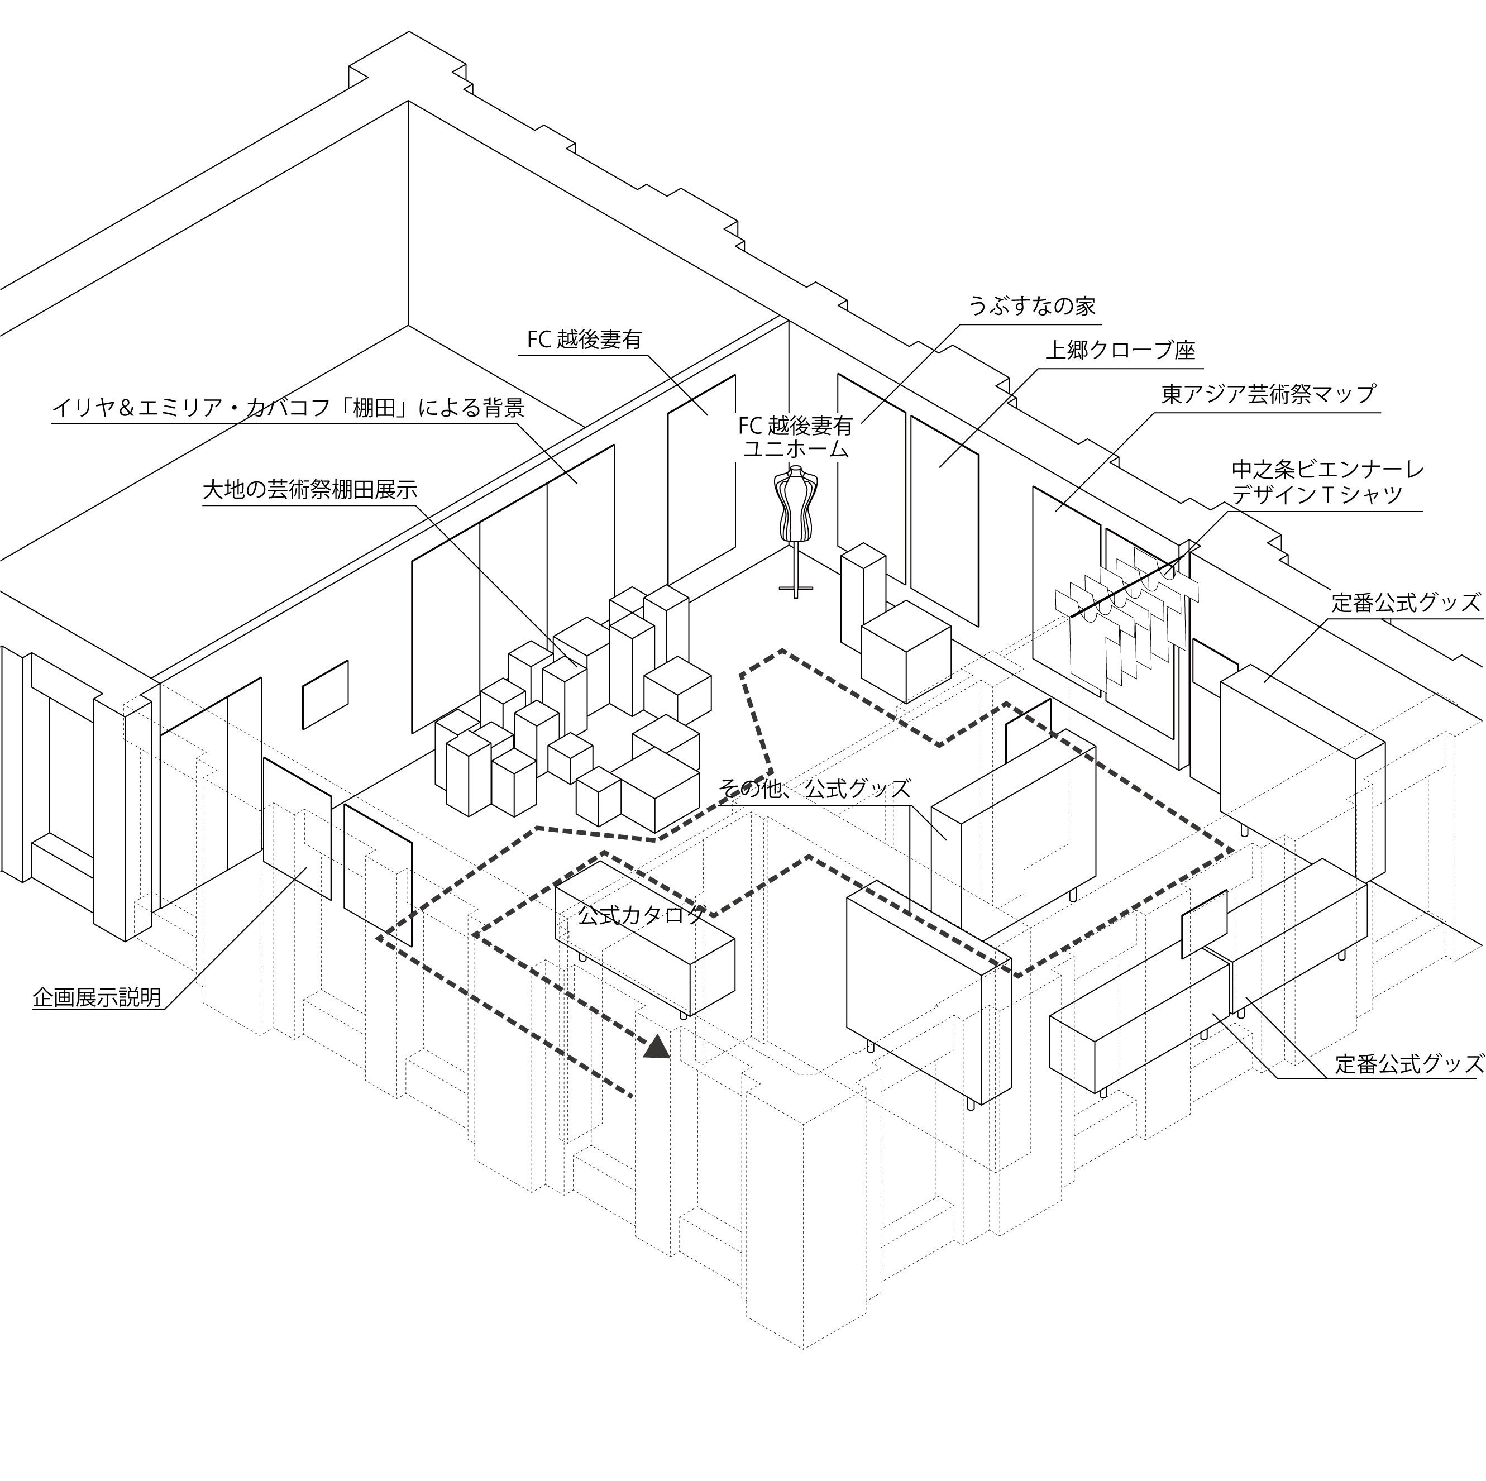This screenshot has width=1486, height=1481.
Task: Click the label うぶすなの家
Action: (x=1031, y=306)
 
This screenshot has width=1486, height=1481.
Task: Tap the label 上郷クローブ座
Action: (x=1120, y=350)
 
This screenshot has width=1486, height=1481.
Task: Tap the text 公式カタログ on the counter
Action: (x=642, y=915)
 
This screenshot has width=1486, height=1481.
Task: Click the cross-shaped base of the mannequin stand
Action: (x=795, y=590)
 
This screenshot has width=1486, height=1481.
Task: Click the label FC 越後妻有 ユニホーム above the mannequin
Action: (x=795, y=436)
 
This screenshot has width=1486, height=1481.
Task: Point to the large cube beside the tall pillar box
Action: (x=905, y=651)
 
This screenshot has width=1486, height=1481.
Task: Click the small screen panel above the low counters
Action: (x=1205, y=923)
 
